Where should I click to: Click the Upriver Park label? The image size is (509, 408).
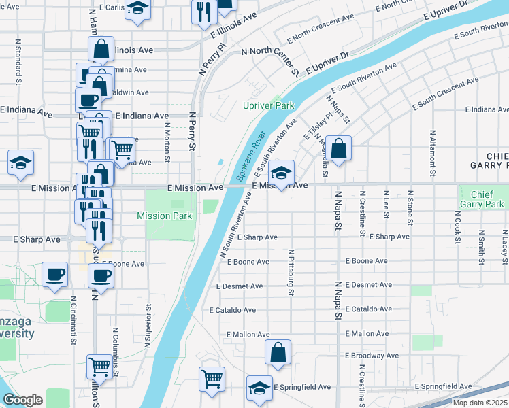[x=269, y=105]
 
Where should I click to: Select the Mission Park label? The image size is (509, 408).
[x=164, y=216]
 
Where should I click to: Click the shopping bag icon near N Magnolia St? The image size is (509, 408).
[x=340, y=147]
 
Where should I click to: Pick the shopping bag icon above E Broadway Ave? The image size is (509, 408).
[x=278, y=352]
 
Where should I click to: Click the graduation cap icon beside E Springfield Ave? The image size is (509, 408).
[x=259, y=388]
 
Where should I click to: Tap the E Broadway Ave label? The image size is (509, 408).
[x=372, y=356]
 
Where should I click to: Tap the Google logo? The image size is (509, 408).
[x=22, y=400]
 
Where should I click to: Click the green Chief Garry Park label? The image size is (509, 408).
[x=481, y=199]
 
